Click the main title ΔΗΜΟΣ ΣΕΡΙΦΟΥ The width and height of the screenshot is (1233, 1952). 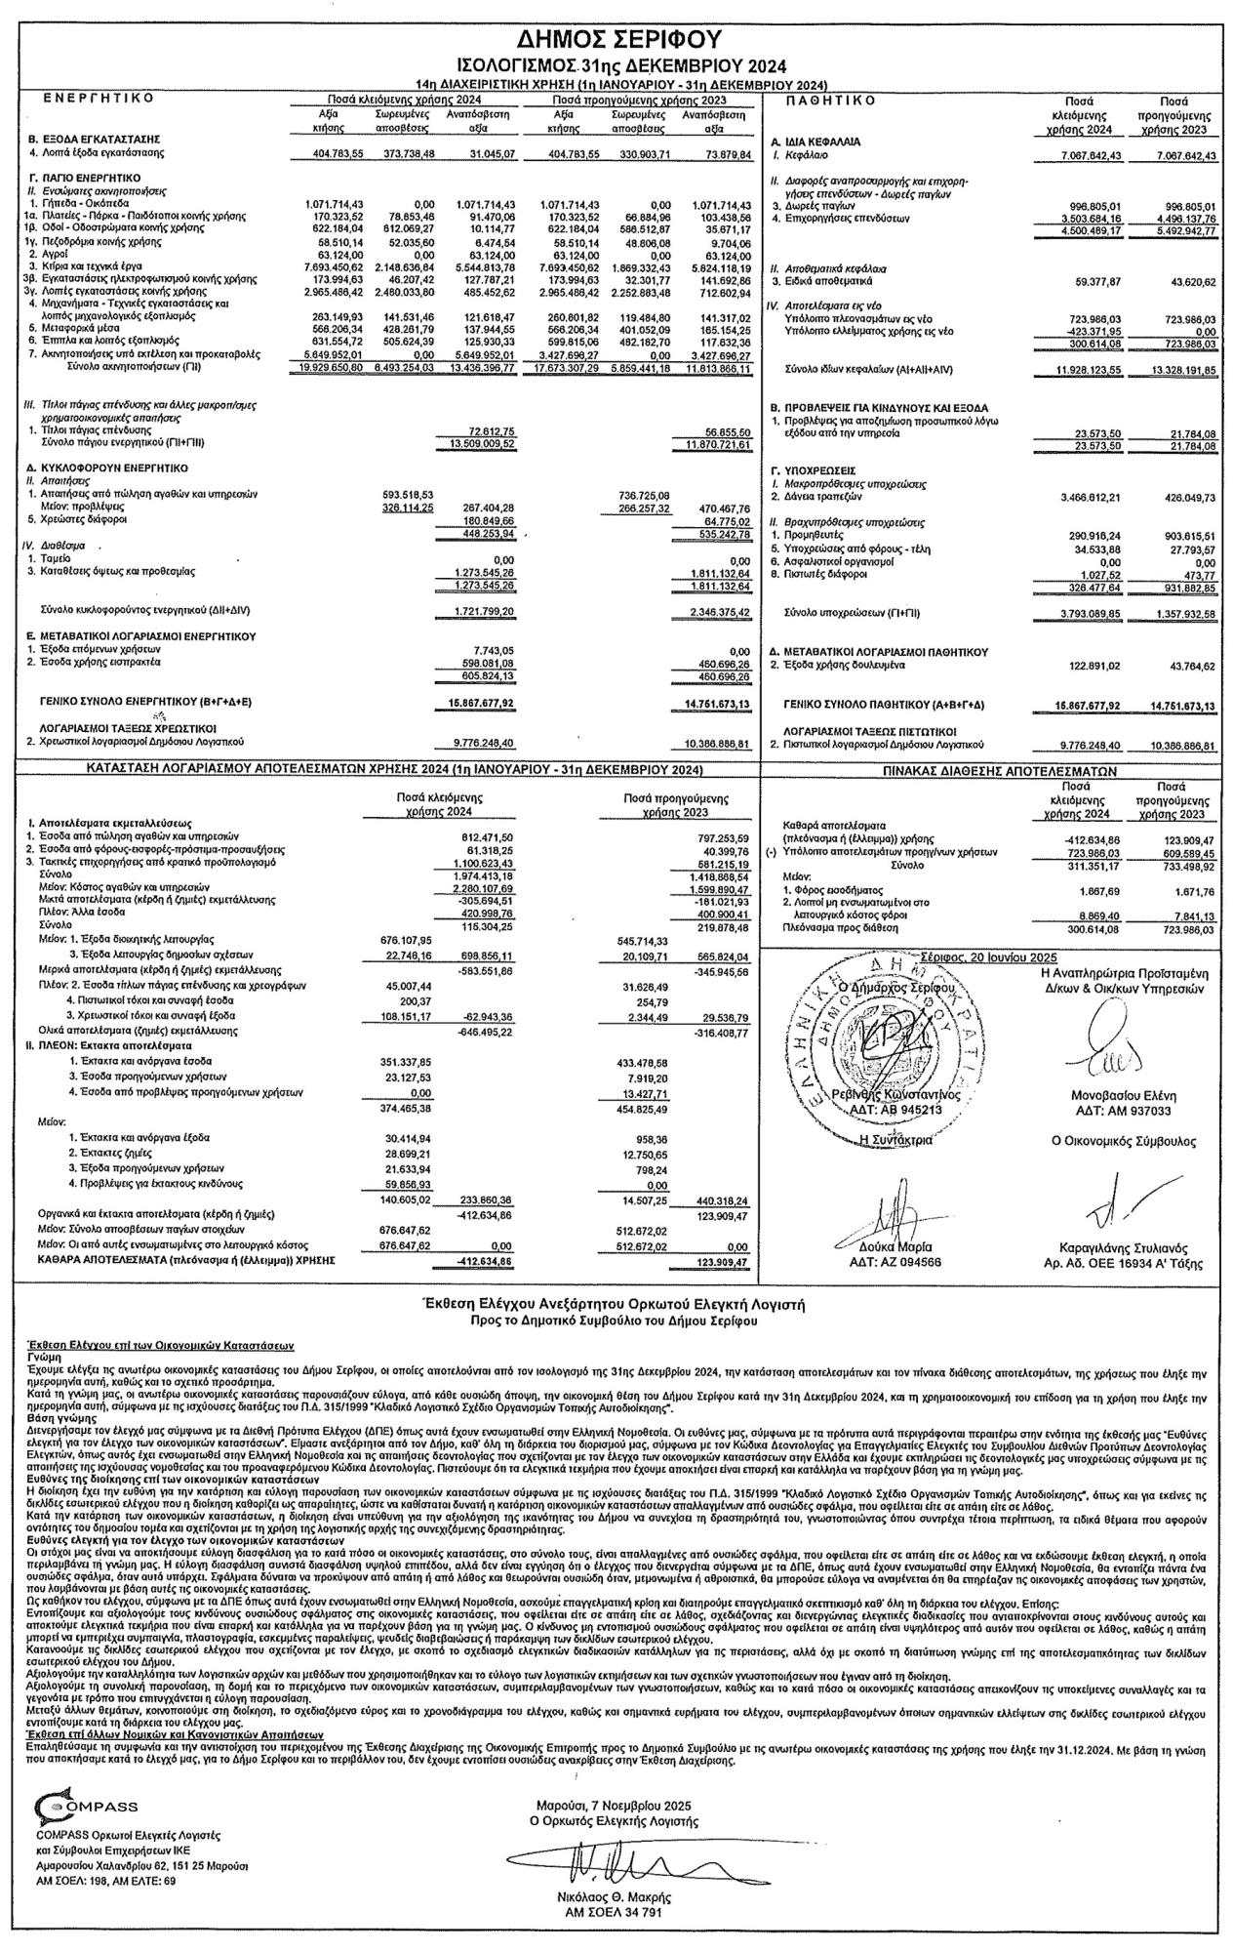tap(617, 40)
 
